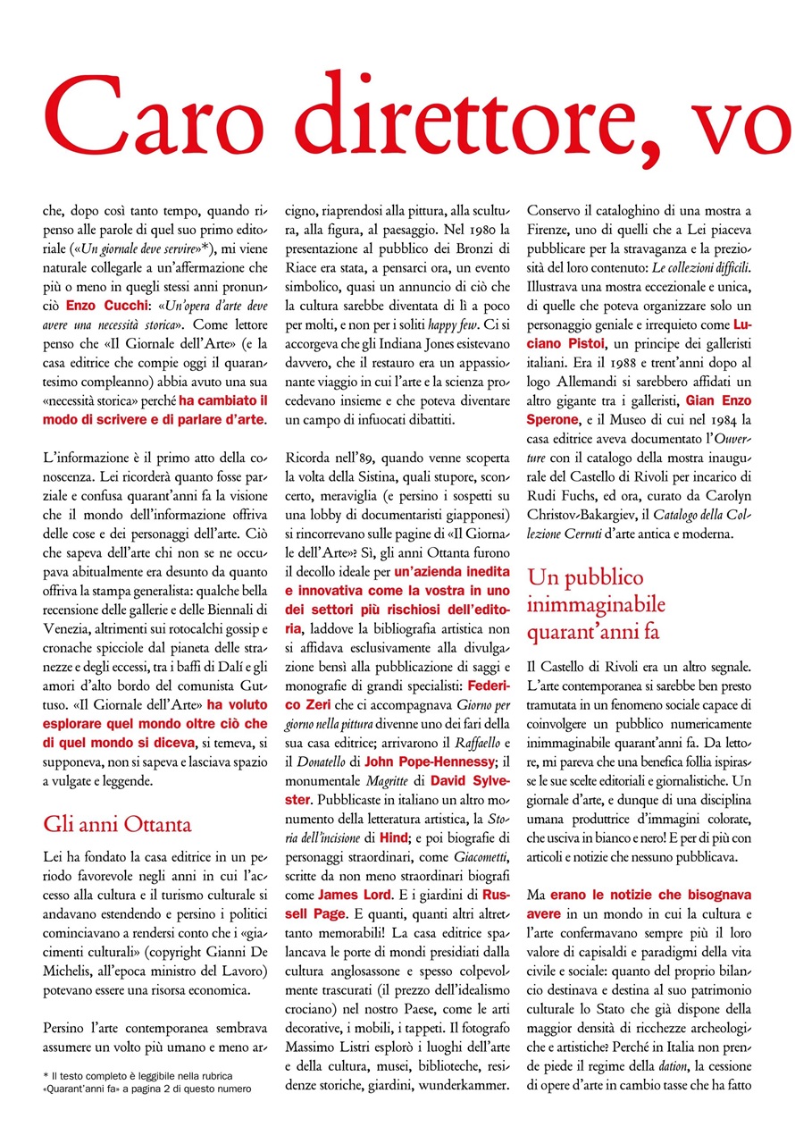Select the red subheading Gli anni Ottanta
tap(117, 823)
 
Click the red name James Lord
tap(353, 894)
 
